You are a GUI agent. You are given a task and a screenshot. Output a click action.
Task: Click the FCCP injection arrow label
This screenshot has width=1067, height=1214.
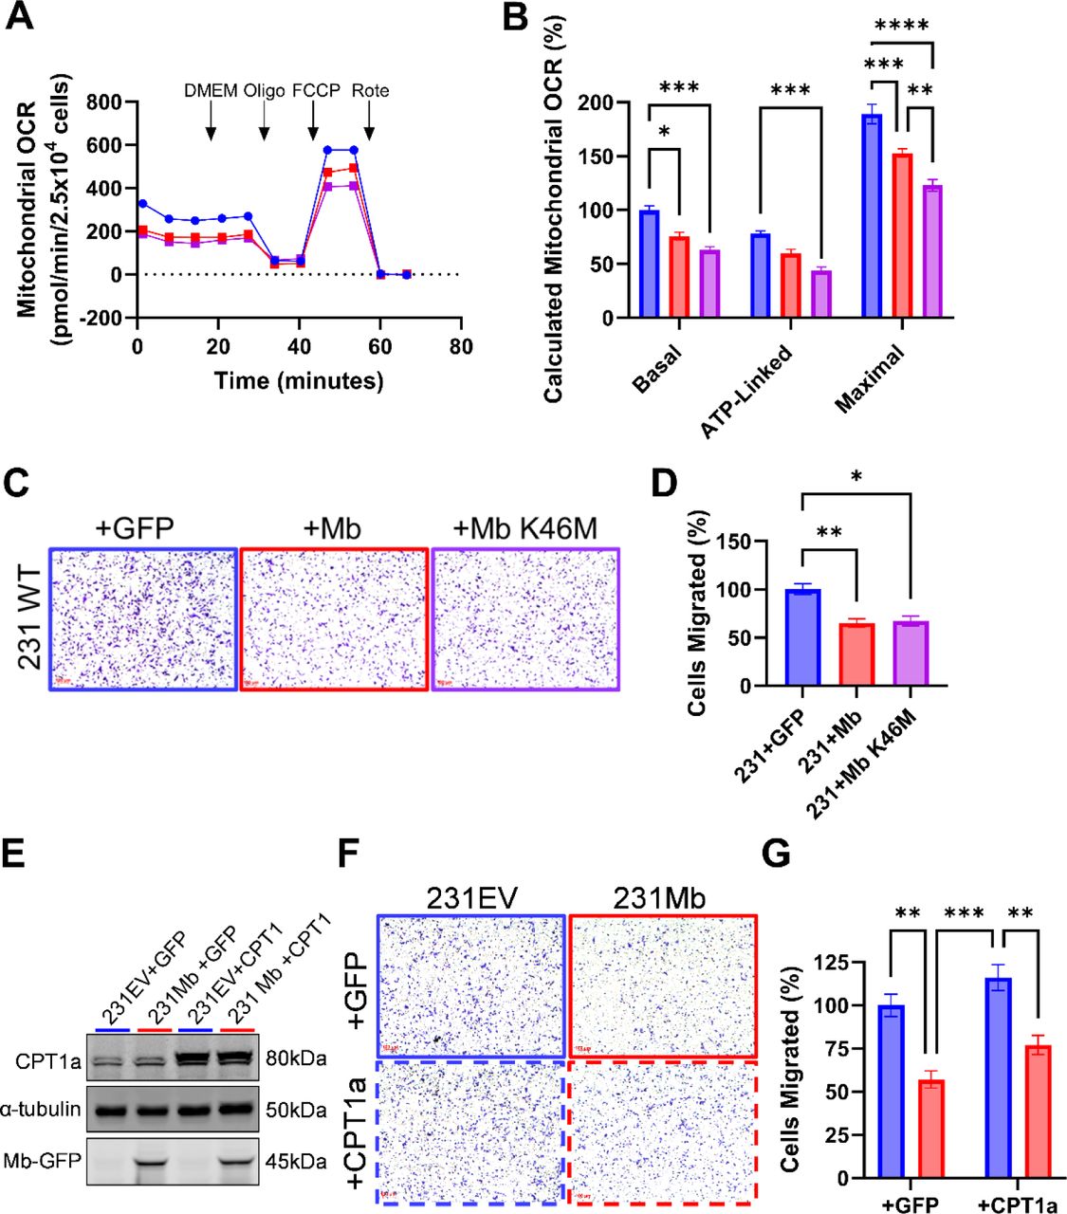click(313, 91)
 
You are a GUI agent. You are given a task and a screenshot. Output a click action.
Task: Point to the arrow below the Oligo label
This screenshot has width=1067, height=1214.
click(265, 121)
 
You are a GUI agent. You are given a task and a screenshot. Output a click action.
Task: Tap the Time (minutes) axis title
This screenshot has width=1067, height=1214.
click(299, 381)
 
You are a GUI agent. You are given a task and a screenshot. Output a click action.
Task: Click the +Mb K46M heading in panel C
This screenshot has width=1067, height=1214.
click(524, 527)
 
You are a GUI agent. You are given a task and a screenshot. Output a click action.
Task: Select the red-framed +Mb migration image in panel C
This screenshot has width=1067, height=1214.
click(334, 618)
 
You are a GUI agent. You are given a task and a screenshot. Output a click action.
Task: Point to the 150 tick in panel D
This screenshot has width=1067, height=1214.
click(733, 542)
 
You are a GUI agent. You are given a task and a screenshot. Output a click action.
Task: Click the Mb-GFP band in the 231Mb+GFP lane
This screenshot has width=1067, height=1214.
click(156, 1162)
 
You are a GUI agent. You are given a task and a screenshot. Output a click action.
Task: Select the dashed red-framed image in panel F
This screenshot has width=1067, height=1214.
click(662, 1131)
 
